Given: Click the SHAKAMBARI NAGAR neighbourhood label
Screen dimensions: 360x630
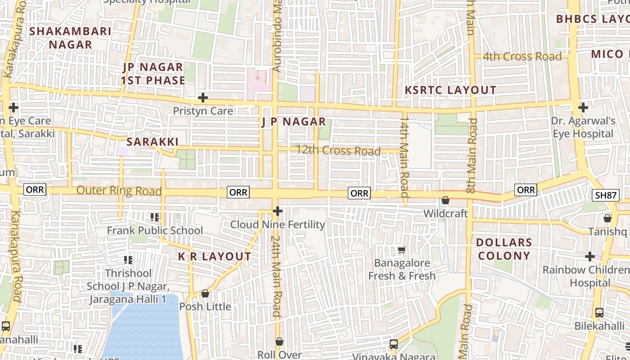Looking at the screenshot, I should coord(71,38).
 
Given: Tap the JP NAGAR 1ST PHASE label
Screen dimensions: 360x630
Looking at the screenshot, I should coord(153,74).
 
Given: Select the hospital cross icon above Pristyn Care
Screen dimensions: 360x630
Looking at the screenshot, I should coord(203,98).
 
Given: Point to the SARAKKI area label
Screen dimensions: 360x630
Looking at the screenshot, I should coord(153,142).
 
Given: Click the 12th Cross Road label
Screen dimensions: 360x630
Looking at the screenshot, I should coord(338,150).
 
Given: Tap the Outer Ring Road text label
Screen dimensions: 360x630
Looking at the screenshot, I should coord(119,190).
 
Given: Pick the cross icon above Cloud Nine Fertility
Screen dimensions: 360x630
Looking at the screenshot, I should coord(278,211).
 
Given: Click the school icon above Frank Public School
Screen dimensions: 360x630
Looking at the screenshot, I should coord(155,218).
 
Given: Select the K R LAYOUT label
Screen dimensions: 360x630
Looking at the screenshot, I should coord(214,256).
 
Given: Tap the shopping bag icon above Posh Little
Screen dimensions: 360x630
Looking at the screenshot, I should coord(205,293).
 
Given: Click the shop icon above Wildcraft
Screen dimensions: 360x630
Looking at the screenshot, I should coord(445,200).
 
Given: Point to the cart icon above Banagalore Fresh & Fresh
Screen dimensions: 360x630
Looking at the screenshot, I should coord(401,250).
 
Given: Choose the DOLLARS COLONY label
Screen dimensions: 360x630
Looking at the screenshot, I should coord(504,249).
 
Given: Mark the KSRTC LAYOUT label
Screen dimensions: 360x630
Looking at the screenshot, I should coord(450,90).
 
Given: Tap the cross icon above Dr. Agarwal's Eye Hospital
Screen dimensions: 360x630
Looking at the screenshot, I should coord(583,108).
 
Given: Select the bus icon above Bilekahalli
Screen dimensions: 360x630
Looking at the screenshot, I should coord(599,312).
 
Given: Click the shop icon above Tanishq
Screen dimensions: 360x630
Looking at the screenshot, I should coord(607,219).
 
